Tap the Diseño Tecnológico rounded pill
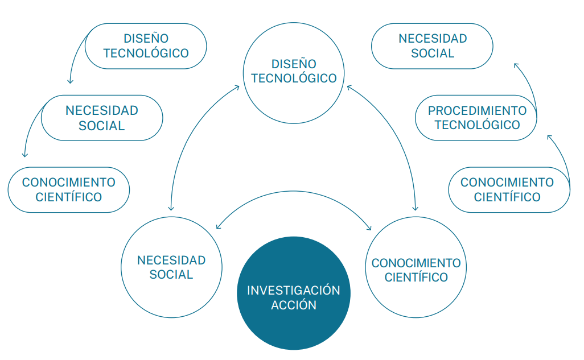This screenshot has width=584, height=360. pos(146,46)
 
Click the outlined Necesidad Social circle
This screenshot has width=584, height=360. pos(171,267)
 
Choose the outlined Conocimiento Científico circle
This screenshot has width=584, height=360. pos(416,270)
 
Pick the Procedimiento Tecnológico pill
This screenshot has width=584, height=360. pos(477,118)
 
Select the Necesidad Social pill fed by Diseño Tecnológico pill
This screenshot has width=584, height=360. pos(102,118)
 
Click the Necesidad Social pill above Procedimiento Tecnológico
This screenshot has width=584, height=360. pos(432,46)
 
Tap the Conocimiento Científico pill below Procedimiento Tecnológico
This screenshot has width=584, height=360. pos(509,189)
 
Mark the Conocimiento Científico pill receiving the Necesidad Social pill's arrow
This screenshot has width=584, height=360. pos(68,189)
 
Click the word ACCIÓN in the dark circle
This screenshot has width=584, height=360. pos(293,305)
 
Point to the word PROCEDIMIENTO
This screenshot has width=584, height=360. pos(477,111)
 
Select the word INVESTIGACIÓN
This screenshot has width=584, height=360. pos(293,291)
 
